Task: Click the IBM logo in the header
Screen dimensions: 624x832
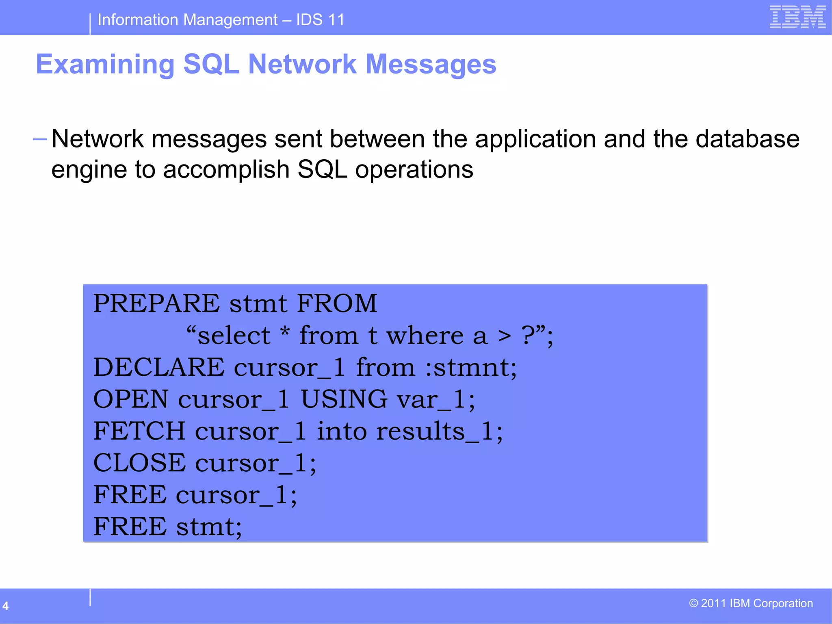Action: [x=797, y=17]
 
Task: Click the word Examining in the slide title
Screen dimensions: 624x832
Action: [x=105, y=64]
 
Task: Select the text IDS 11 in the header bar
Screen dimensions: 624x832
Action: [x=320, y=19]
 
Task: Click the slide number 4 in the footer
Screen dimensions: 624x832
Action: [x=6, y=606]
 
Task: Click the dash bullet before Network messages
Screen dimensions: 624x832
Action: [x=40, y=140]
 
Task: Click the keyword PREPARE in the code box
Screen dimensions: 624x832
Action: [x=156, y=303]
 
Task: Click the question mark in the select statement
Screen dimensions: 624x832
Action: [x=528, y=336]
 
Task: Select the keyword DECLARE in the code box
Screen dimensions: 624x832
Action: [x=159, y=367]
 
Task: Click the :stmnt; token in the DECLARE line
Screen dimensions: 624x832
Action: [x=471, y=367]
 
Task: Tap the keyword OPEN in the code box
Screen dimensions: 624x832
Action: [x=131, y=399]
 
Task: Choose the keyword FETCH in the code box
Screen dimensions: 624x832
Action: [x=139, y=431]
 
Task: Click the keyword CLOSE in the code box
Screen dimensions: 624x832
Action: [x=139, y=463]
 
